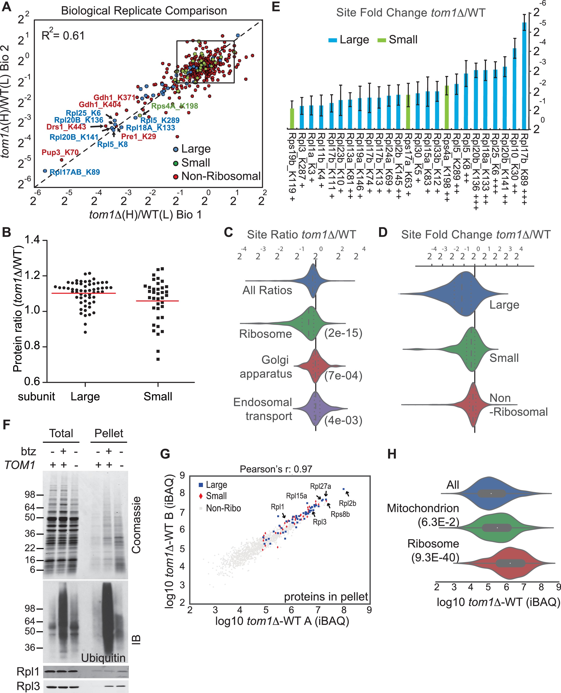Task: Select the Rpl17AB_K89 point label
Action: (x=75, y=172)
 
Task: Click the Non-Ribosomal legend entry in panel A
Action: (x=221, y=176)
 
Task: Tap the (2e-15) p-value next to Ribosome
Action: (x=343, y=333)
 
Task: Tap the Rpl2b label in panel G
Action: (x=347, y=503)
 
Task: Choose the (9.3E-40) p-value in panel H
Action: (x=435, y=558)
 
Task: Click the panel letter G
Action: (x=165, y=454)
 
